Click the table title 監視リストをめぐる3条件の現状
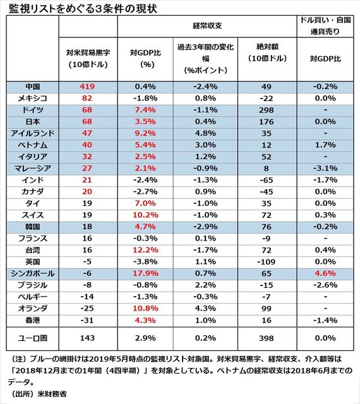tap(83, 8)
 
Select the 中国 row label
tap(33, 86)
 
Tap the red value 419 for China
tap(87, 86)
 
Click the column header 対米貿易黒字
tap(88, 52)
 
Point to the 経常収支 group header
tap(207, 25)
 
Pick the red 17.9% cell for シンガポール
tap(145, 273)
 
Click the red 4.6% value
tap(325, 273)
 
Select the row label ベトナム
tap(33, 145)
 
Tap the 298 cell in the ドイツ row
tap(267, 110)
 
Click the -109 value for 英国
tap(267, 262)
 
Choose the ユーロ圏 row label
tap(33, 338)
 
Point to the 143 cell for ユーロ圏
tap(87, 338)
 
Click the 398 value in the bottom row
tap(267, 338)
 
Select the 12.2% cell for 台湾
tap(145, 250)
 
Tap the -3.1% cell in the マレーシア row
tap(325, 169)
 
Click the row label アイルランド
tap(33, 133)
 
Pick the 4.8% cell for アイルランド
tap(205, 133)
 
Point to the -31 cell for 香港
tap(87, 320)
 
